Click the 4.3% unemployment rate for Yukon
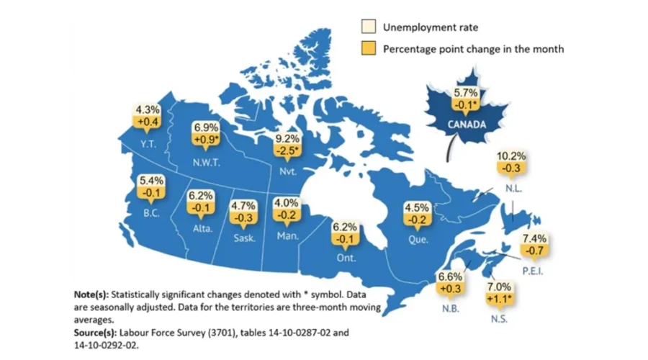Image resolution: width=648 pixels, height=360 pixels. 148,111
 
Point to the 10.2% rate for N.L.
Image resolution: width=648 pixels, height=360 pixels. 511,156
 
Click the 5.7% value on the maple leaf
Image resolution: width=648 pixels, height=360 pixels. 464,94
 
